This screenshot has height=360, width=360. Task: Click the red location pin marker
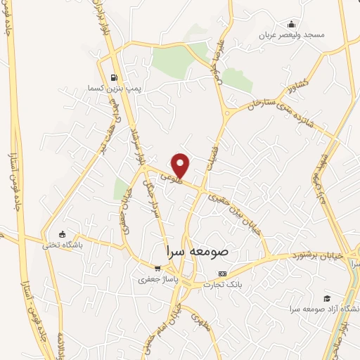[181, 165]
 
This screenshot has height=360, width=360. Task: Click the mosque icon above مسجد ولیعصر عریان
[292, 24]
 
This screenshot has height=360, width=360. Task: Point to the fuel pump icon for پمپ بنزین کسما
[114, 78]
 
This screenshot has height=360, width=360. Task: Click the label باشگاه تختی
[63, 245]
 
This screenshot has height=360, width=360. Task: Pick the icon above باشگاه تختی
[63, 234]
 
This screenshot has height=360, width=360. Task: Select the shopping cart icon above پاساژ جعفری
[158, 268]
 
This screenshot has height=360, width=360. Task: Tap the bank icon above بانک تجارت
[223, 274]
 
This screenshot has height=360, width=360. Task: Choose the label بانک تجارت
[223, 284]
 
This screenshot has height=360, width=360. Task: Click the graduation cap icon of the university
[326, 298]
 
